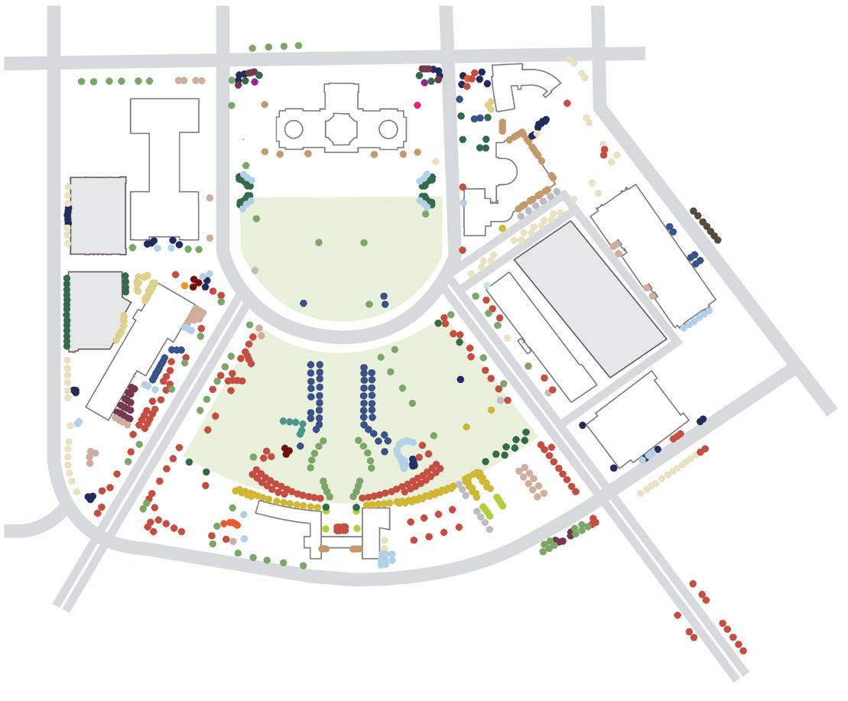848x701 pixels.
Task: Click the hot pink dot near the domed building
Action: (x=418, y=105)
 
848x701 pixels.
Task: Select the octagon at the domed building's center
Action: (x=341, y=128)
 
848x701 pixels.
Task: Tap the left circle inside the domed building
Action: (x=294, y=129)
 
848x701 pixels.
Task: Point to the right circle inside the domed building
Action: (x=388, y=128)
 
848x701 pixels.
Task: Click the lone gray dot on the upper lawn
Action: (x=255, y=271)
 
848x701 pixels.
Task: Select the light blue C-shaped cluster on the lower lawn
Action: (x=404, y=453)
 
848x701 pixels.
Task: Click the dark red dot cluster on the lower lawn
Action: (x=286, y=451)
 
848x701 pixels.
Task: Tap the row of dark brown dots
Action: (x=705, y=225)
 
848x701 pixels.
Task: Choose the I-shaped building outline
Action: (x=164, y=168)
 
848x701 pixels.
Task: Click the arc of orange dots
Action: (x=229, y=524)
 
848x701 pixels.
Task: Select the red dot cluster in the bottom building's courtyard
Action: (x=341, y=528)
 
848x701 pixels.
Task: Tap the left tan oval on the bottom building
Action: (x=323, y=549)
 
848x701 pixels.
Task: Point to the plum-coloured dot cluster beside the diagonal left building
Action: (x=127, y=403)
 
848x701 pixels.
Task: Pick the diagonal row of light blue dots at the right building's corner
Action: (x=697, y=319)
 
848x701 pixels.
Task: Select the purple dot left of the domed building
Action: (x=255, y=82)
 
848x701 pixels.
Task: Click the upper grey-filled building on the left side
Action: (x=98, y=216)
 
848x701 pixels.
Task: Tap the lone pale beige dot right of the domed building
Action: (x=436, y=161)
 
